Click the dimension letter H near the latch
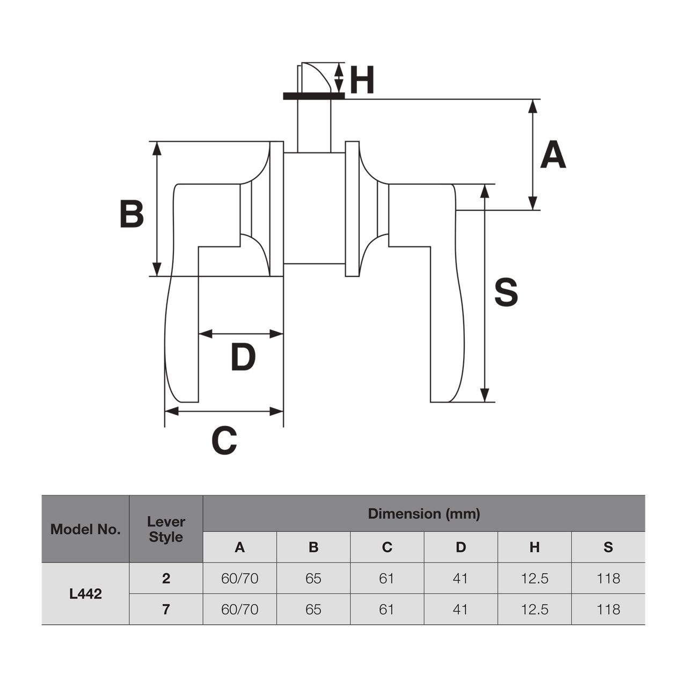362,81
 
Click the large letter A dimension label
553,155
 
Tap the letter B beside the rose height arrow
131,214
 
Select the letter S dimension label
506,293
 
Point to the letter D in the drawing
243,357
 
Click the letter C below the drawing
224,441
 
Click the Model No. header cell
85,529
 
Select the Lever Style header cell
166,529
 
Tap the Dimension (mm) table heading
423,514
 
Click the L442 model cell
85,594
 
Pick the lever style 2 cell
166,578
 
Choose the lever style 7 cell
166,609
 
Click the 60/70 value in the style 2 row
239,578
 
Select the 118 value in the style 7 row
608,609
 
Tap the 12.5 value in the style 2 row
535,578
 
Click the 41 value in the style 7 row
461,609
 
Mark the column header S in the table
608,547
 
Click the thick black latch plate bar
313,96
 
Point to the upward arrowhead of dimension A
532,106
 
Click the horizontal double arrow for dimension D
240,334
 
